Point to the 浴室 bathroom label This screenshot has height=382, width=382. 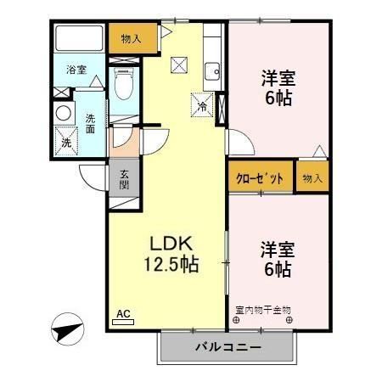point(76,70)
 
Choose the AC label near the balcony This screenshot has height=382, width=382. point(123,314)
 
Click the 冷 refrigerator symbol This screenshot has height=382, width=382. point(202,106)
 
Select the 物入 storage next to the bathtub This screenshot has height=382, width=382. point(131,37)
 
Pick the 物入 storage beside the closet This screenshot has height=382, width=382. point(312,178)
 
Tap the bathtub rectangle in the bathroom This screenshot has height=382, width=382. point(78,40)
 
